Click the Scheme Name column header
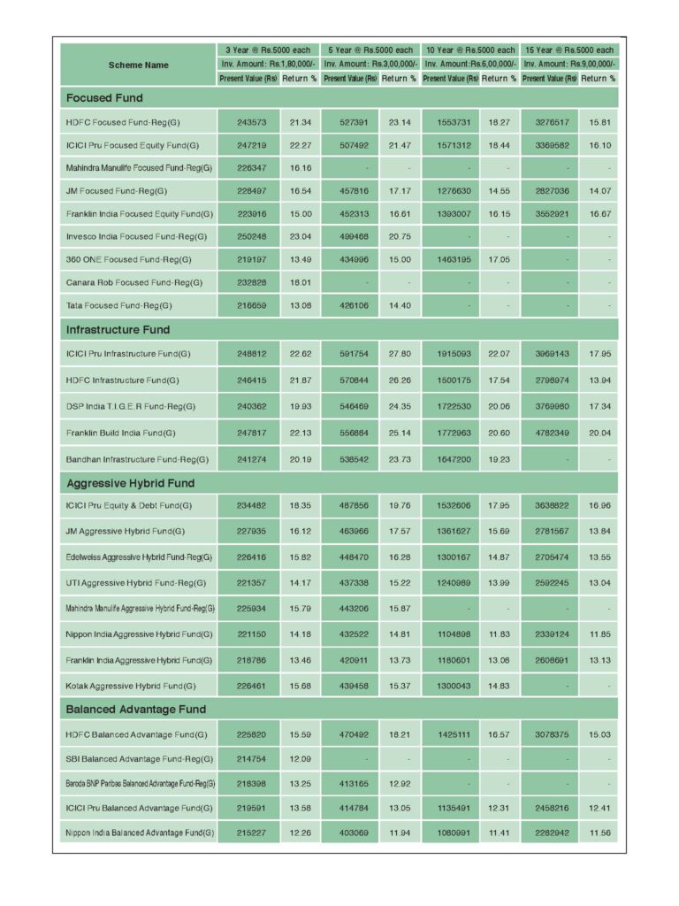tap(138, 65)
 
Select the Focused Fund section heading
tap(104, 97)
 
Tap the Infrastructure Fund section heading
tap(118, 329)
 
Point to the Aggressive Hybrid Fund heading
tap(130, 483)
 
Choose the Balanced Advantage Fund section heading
tap(135, 709)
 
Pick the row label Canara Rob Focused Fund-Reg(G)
tap(134, 282)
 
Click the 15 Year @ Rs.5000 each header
tap(568, 50)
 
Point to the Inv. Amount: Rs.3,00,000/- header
tap(369, 64)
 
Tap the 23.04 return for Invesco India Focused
tap(300, 236)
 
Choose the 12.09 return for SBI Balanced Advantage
tap(300, 758)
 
